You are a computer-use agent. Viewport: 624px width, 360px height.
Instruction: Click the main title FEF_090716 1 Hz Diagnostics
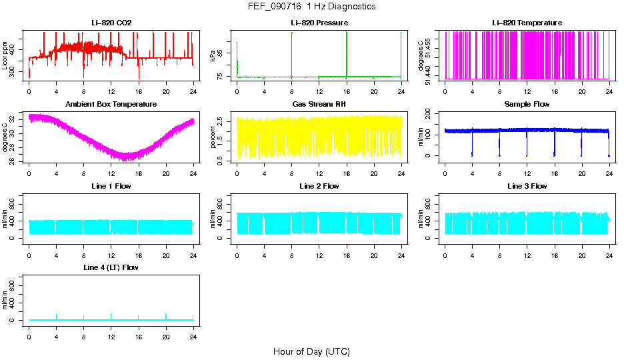point(311,6)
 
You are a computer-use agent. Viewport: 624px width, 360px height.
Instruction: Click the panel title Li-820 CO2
point(111,23)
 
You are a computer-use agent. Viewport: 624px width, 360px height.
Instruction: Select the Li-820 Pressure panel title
point(319,23)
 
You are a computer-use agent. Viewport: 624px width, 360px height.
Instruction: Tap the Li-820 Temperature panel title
point(527,23)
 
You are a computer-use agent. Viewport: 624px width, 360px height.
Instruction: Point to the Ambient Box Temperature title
point(111,105)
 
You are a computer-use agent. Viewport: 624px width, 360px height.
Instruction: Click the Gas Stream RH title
point(319,105)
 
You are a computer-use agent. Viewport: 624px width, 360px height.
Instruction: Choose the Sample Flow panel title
point(527,105)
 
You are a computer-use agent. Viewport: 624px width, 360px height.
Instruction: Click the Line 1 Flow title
point(111,186)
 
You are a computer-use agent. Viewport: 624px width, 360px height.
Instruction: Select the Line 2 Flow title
point(319,186)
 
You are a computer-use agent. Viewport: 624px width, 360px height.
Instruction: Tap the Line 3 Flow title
point(527,186)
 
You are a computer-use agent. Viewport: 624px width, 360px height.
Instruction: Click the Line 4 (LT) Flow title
point(111,267)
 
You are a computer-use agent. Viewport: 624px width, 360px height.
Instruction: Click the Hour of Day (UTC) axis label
point(311,351)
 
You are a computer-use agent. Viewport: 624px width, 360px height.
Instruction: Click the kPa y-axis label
point(213,55)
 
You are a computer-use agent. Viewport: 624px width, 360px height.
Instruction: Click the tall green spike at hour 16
point(347,53)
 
